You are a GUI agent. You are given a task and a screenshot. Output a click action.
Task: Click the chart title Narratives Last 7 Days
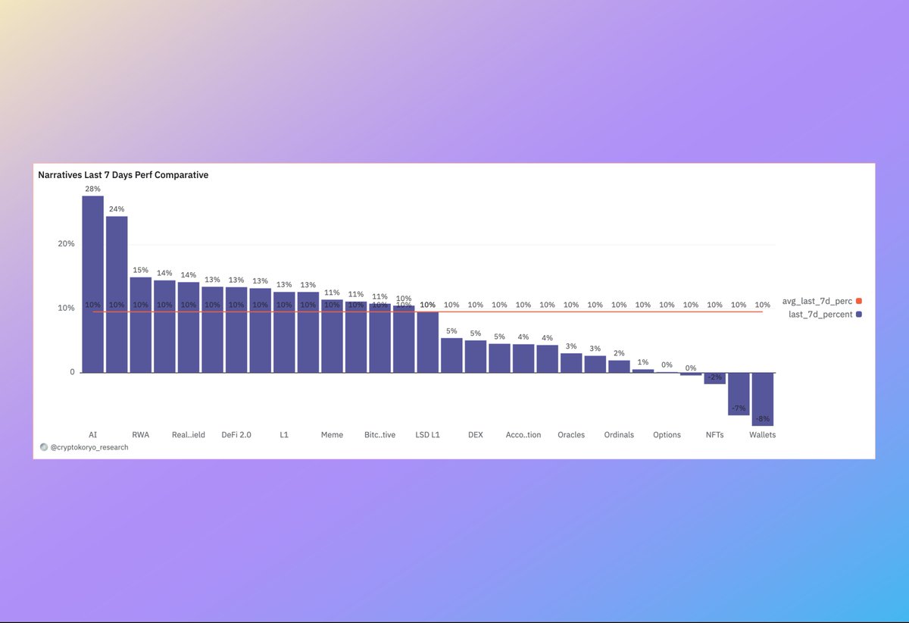tap(123, 175)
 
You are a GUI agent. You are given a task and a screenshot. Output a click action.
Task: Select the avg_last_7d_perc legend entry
tap(817, 301)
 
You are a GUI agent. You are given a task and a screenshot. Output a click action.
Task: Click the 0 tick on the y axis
tap(71, 373)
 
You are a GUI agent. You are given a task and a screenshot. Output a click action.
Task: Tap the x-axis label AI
tap(92, 435)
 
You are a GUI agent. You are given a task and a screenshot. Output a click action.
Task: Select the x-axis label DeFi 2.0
tap(236, 435)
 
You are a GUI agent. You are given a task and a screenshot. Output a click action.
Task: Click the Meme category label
tap(332, 435)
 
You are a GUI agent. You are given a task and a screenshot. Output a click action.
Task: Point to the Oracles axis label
tap(571, 435)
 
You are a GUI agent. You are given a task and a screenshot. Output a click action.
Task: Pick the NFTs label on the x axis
tap(714, 435)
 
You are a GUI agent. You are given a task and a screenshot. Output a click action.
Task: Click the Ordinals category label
tap(619, 435)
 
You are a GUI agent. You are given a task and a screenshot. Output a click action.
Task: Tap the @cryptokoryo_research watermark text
tap(89, 447)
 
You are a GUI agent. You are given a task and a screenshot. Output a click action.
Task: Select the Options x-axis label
tap(667, 435)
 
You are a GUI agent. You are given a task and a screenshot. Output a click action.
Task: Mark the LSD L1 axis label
tap(427, 435)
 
